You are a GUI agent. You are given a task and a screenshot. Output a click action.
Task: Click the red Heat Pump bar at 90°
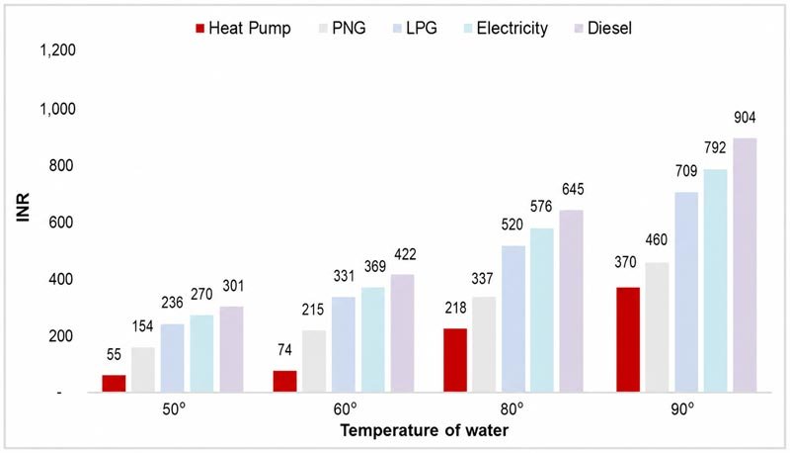[628, 339]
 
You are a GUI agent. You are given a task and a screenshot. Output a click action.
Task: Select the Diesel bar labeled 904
[745, 265]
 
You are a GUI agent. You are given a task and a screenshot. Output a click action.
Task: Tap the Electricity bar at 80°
[541, 311]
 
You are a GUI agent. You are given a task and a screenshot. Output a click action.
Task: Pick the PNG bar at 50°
[143, 370]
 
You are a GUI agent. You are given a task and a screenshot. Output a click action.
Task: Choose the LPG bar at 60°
[343, 344]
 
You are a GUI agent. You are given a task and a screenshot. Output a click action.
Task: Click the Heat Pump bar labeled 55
[114, 384]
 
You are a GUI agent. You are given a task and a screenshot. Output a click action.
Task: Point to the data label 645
[573, 189]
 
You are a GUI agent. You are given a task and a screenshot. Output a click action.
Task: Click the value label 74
[284, 349]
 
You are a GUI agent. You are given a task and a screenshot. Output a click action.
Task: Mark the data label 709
[686, 171]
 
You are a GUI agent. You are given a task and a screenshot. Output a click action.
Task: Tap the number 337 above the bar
[482, 279]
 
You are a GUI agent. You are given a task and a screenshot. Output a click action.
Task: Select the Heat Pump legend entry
[243, 29]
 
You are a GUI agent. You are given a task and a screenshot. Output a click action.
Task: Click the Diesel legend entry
[603, 29]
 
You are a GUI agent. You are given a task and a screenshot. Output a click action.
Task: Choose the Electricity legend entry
[506, 29]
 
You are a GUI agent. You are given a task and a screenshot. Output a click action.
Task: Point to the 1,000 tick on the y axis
[58, 109]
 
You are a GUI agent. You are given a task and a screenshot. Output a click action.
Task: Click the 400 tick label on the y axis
[61, 279]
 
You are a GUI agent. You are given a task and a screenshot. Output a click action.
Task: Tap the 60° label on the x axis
[345, 409]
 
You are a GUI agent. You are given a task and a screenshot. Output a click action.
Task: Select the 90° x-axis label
[682, 409]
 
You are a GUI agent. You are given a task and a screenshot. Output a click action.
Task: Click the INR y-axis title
[23, 208]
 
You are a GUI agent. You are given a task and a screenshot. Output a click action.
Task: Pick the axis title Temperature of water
[425, 430]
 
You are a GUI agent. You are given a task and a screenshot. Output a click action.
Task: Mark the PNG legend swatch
[323, 29]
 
